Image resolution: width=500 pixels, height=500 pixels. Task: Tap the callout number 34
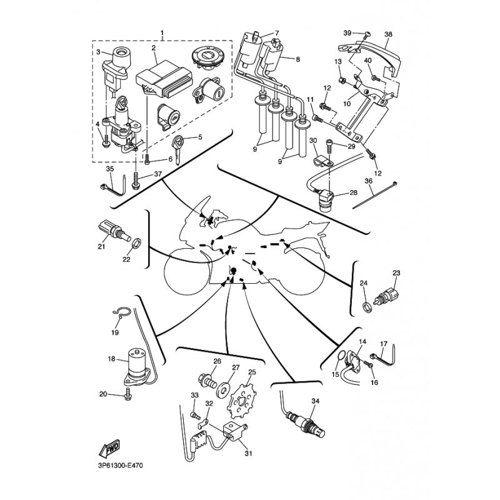pyautogui.click(x=314, y=401)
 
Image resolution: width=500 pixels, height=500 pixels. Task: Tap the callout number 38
pyautogui.click(x=388, y=34)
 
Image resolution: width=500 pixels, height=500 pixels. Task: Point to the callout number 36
pyautogui.click(x=369, y=181)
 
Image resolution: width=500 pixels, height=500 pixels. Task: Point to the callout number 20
pyautogui.click(x=104, y=393)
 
